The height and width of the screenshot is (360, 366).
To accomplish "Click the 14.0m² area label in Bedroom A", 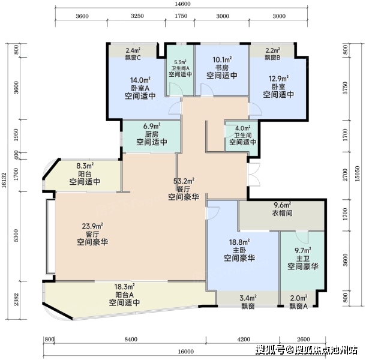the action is pos(140,80).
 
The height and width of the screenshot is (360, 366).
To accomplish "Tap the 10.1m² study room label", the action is pos(222,59).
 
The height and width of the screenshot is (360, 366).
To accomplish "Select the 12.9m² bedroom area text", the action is pos(278,79).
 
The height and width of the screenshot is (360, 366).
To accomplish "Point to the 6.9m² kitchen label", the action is pos(152,127).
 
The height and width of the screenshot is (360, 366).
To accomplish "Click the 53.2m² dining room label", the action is pos(184,181).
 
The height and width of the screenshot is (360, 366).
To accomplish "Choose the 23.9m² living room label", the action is pos(92,226).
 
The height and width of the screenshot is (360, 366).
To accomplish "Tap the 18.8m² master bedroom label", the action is pos(239,242).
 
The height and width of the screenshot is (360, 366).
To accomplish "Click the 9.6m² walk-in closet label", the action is pos(282,205).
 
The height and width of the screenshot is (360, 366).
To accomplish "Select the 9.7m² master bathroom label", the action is pos(303,251).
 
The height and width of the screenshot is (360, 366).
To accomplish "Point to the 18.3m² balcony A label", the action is pos(124,286).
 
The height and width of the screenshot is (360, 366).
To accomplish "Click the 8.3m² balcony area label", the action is pos(85,166).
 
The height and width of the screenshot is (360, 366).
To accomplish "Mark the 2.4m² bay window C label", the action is pos(133,50).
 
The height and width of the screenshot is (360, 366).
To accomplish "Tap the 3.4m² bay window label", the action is pos(248,298).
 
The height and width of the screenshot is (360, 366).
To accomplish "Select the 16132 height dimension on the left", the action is pos(4,180).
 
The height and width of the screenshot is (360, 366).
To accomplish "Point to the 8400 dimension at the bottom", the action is pos(131,339).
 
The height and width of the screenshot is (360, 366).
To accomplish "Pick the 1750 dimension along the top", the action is pos(181,16).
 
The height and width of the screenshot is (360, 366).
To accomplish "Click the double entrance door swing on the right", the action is pos(254,175).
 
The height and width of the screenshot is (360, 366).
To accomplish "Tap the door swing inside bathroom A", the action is pos(176,89).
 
